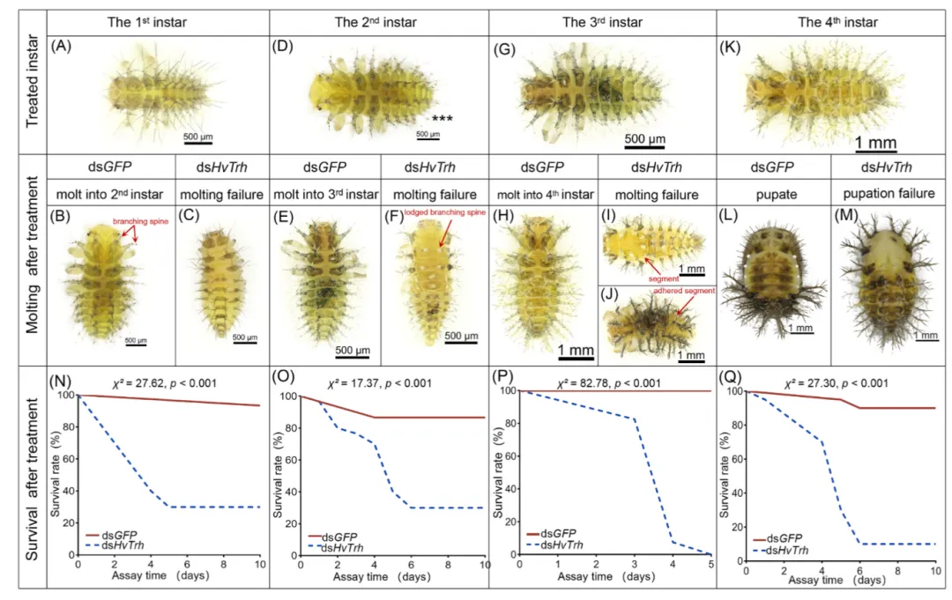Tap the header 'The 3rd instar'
coord(601,22)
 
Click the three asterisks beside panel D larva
coord(442,117)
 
